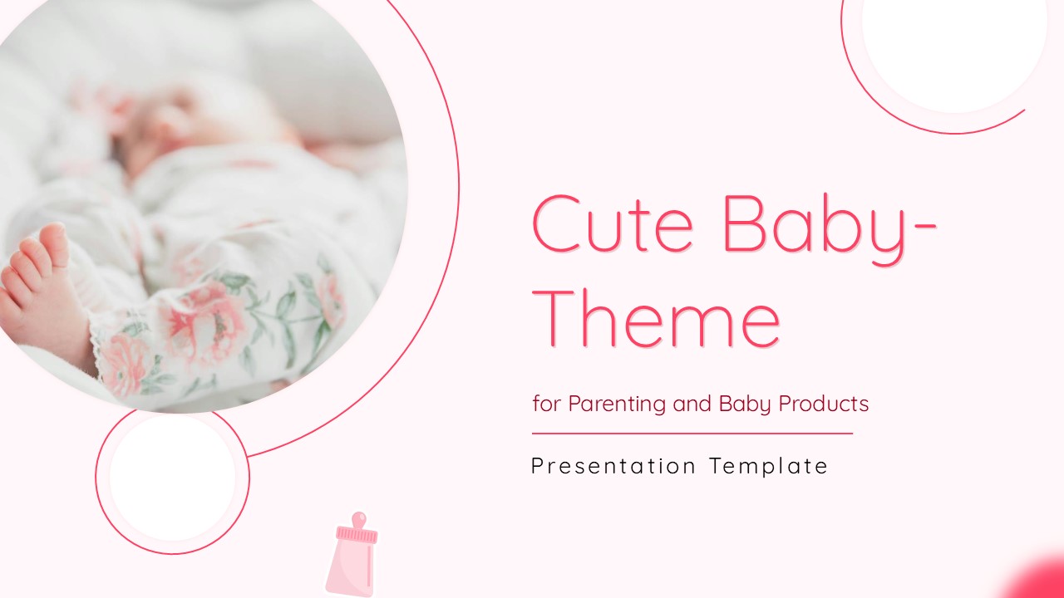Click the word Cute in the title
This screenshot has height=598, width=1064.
(x=613, y=223)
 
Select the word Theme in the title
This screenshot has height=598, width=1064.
(x=656, y=317)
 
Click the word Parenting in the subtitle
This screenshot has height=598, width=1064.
(x=617, y=404)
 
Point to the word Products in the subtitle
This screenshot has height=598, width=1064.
(x=824, y=404)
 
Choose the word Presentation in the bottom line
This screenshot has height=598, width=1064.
(x=613, y=466)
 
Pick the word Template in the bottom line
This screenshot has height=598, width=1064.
(x=769, y=466)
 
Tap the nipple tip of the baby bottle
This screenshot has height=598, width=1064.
(x=359, y=516)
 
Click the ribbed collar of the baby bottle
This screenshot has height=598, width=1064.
(x=357, y=535)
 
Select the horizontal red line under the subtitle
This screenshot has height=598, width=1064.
(x=692, y=434)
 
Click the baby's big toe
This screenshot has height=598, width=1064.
(x=54, y=243)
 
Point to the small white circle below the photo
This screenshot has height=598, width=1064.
(x=172, y=478)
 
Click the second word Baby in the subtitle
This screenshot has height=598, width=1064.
(x=745, y=404)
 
